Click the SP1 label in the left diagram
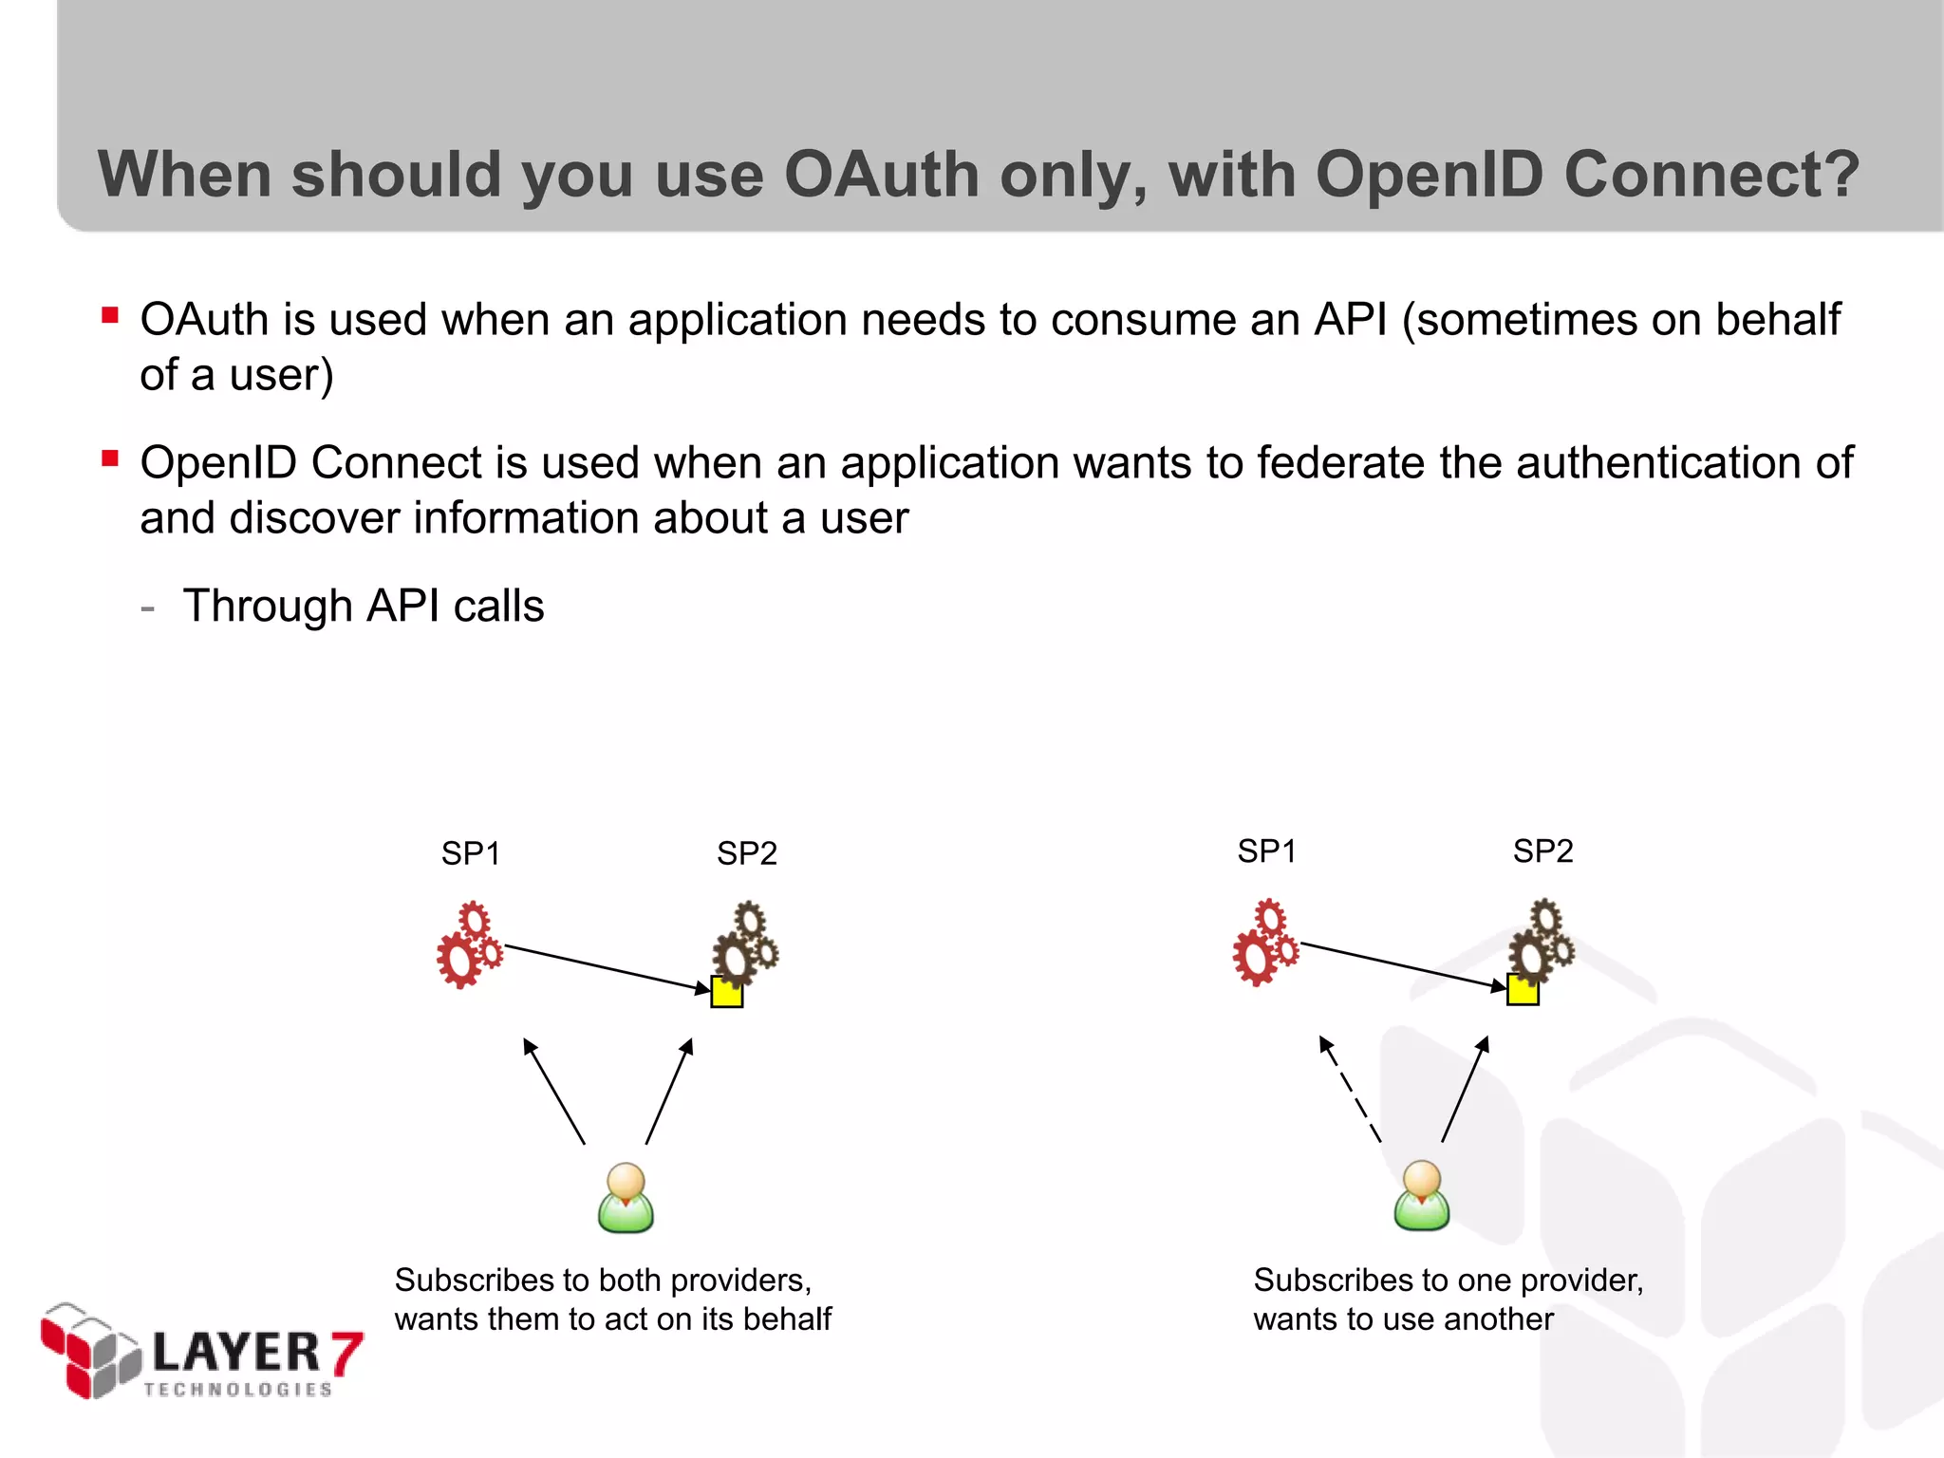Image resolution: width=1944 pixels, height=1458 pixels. (x=470, y=853)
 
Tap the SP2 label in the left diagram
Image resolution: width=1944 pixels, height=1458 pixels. (x=746, y=853)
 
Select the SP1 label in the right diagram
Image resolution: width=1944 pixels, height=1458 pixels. (x=1266, y=850)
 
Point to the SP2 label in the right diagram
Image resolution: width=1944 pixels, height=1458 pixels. (x=1542, y=850)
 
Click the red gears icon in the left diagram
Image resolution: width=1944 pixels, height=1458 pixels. (x=469, y=945)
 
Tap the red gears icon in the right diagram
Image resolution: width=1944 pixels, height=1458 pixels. (x=1265, y=943)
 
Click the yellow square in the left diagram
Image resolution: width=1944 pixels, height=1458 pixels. (x=727, y=992)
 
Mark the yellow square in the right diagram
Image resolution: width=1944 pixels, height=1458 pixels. (x=1523, y=989)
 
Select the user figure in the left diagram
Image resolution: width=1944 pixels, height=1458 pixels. (x=626, y=1198)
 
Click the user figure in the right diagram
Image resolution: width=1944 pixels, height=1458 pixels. (x=1421, y=1195)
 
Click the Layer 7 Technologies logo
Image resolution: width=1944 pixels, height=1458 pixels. (x=201, y=1352)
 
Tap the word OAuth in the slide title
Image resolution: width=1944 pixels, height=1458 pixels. (x=881, y=175)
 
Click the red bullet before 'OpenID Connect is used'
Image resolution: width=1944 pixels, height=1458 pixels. (x=110, y=459)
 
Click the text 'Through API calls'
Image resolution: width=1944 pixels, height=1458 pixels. (x=364, y=606)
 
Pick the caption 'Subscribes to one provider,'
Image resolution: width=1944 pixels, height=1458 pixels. (x=1448, y=1280)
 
